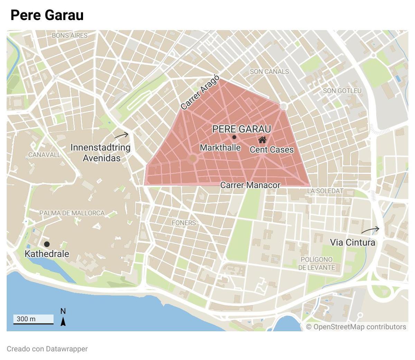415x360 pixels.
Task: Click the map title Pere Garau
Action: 47,15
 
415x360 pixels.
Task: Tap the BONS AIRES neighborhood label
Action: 70,35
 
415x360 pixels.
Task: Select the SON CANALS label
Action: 269,72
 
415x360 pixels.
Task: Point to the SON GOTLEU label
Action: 342,91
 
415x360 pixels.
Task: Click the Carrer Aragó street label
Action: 200,92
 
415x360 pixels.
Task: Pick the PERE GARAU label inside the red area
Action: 241,129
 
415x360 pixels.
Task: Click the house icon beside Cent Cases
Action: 262,140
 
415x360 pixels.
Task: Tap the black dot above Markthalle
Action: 234,137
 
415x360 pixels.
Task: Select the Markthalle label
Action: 220,148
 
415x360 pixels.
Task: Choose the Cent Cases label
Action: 271,150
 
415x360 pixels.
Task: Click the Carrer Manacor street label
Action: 250,185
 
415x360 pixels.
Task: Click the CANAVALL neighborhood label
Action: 44,155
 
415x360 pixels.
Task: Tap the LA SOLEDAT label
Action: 325,191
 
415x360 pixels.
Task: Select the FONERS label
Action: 184,223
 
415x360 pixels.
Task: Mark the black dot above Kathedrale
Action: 47,244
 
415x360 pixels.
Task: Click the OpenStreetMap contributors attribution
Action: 356,327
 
